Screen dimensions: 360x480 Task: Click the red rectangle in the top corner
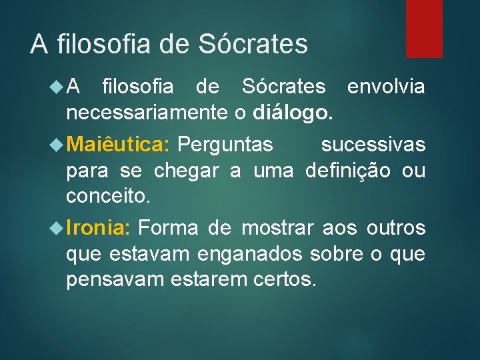(425, 28)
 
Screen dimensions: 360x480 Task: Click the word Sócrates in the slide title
(253, 45)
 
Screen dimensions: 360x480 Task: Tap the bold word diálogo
(292, 113)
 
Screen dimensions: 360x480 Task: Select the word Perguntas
(225, 144)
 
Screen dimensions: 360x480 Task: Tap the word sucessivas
(373, 144)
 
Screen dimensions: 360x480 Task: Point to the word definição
(349, 171)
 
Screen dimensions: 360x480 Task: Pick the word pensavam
(114, 280)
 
